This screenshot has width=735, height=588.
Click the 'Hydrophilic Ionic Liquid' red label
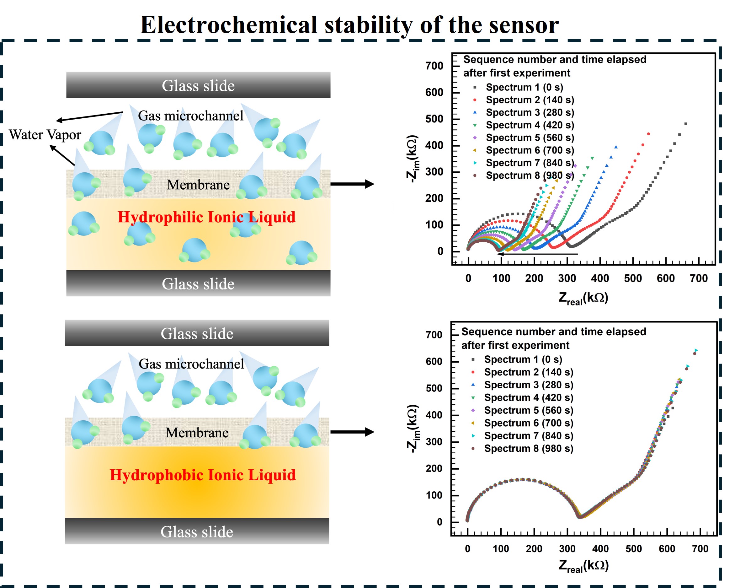point(206,217)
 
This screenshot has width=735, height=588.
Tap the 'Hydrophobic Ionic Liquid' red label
point(203,475)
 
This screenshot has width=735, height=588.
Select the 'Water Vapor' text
point(45,135)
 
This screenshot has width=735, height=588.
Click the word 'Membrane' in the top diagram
point(198,185)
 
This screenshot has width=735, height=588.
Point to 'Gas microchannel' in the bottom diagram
point(191,364)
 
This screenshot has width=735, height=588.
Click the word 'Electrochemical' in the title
point(228,25)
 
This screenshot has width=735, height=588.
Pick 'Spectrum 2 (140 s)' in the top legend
point(530,100)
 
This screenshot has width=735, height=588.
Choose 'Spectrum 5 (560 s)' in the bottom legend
point(528,410)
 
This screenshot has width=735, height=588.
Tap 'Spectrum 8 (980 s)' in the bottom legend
point(528,449)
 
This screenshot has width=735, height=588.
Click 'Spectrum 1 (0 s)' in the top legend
point(524,87)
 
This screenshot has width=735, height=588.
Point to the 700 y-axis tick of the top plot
point(434,66)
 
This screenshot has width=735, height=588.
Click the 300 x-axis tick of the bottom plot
point(567,549)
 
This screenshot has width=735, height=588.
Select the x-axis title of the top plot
point(583,298)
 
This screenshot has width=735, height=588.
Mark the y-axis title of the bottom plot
point(412,429)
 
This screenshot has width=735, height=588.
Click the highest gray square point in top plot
point(685,124)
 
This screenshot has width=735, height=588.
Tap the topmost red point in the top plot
point(648,134)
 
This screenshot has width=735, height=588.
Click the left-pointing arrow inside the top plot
point(537,254)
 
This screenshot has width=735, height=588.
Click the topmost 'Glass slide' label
point(198,86)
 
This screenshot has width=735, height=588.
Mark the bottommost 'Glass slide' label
point(197,532)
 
